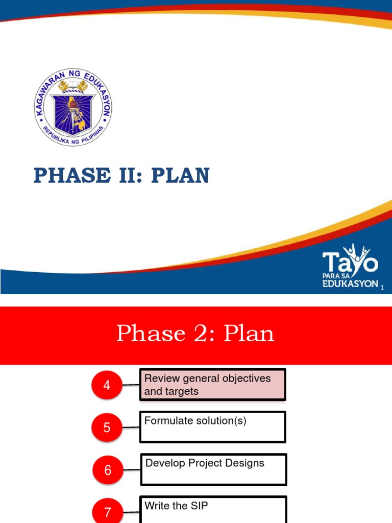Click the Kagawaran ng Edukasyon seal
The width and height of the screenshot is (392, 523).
point(72,108)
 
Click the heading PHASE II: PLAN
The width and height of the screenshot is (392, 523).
point(121,176)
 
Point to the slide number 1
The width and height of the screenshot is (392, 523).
point(381,289)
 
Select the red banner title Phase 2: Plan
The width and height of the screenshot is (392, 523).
point(195,334)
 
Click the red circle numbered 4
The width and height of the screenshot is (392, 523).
point(107,386)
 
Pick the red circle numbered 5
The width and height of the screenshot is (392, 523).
point(107,427)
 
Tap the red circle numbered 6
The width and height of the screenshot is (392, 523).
point(108,470)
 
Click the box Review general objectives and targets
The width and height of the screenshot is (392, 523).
point(212,385)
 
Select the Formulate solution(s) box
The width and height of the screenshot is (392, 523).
point(212,427)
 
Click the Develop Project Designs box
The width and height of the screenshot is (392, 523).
point(213,469)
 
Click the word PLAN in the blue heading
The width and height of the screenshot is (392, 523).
point(181,176)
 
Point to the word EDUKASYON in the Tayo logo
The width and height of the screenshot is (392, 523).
point(350,283)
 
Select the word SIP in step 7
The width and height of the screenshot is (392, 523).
point(198,506)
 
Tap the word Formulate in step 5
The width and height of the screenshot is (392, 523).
point(168,421)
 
